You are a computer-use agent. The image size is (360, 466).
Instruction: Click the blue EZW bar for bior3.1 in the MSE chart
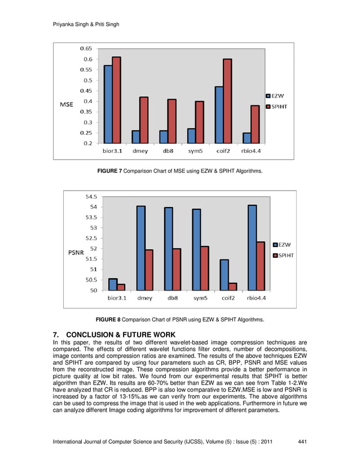click(x=108, y=104)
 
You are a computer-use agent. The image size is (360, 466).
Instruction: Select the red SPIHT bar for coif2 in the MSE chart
click(x=227, y=101)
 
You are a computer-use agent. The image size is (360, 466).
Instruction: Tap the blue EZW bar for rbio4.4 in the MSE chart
click(x=247, y=138)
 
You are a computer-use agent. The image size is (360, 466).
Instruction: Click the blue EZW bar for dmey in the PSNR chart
click(x=141, y=248)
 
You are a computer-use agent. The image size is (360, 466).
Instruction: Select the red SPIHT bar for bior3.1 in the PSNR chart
click(x=121, y=287)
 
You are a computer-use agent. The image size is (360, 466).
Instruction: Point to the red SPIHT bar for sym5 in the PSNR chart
click(x=204, y=269)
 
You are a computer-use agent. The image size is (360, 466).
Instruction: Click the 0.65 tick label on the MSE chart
click(x=85, y=49)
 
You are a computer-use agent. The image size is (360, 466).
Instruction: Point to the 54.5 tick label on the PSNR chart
click(x=90, y=197)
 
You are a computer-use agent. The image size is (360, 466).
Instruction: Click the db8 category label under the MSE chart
click(x=168, y=151)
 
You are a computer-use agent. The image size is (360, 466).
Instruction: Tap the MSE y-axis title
click(x=67, y=104)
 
